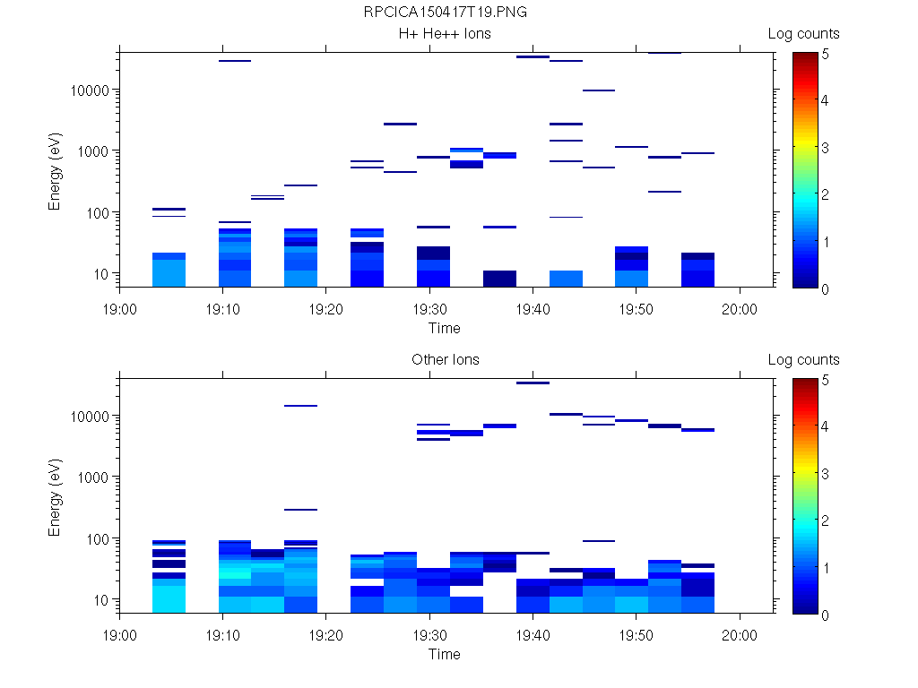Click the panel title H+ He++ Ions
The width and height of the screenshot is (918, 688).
pyautogui.click(x=445, y=34)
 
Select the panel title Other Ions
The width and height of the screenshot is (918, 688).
pyautogui.click(x=445, y=360)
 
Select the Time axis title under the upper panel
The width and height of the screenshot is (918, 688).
pyautogui.click(x=445, y=328)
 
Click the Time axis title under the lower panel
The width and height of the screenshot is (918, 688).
pyautogui.click(x=445, y=654)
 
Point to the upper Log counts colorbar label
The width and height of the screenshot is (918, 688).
pyautogui.click(x=803, y=34)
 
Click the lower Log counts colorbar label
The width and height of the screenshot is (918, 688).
pyautogui.click(x=803, y=360)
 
